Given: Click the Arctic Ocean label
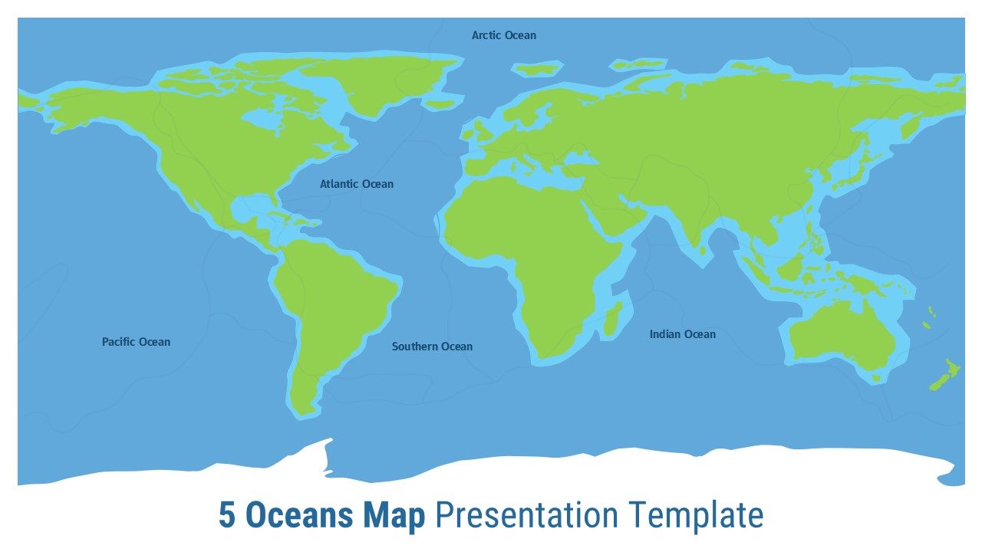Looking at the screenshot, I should (x=504, y=35).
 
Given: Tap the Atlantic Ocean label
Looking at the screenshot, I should (x=357, y=184).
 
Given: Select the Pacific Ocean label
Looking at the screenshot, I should (x=136, y=342).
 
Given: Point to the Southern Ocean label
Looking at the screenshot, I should (x=432, y=347).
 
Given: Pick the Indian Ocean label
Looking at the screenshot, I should (x=682, y=334).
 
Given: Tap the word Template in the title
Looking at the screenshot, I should (x=695, y=515).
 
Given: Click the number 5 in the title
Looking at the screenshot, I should (x=226, y=515).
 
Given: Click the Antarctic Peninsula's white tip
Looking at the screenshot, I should (x=330, y=441).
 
